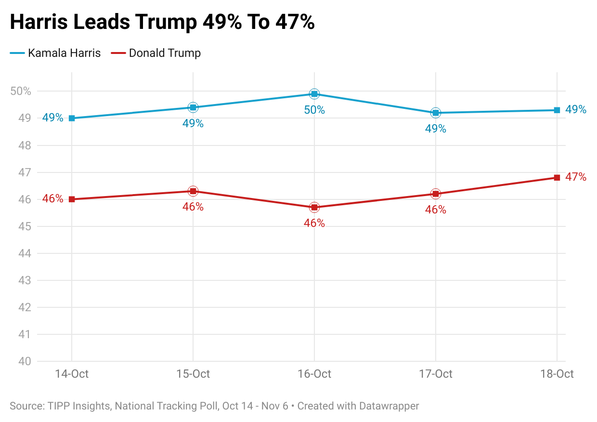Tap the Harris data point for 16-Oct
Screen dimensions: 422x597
coord(314,93)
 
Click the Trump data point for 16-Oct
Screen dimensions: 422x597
coord(314,207)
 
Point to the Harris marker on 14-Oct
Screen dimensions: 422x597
coord(72,118)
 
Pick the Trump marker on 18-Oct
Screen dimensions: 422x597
coord(557,178)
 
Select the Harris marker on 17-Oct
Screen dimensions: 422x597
coord(436,113)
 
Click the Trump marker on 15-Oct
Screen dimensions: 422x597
coord(193,191)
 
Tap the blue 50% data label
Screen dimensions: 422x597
coord(314,110)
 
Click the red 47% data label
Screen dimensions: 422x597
coord(576,177)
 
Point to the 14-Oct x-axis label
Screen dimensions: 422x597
coord(72,374)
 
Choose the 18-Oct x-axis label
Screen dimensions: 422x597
coord(557,374)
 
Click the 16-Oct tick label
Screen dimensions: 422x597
coord(314,374)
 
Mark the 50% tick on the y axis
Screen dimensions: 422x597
coord(20,92)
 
